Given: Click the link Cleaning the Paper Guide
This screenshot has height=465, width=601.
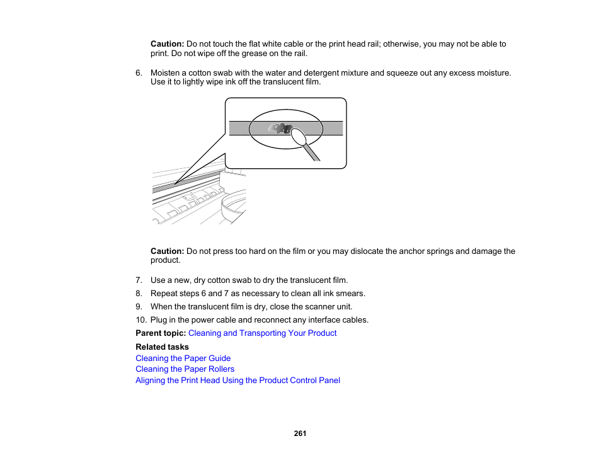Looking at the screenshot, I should (183, 358).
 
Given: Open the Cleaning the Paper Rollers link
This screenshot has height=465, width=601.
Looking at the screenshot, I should (185, 369).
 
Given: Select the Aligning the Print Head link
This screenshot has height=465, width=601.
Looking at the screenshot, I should (238, 381).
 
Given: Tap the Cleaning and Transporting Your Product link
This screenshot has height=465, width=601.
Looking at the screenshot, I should (262, 333).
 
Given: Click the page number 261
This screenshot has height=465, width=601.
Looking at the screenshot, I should (300, 433).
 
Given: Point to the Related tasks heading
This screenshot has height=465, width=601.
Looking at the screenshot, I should (162, 347).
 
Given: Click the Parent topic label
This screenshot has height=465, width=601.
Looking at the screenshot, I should (161, 333).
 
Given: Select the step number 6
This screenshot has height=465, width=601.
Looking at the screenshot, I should (139, 73).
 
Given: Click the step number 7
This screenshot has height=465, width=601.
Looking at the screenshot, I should (139, 280).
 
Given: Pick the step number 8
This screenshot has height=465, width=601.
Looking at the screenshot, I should (139, 294).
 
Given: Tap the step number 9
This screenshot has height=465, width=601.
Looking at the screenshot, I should (139, 307).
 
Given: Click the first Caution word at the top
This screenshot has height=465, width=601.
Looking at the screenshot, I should (167, 44).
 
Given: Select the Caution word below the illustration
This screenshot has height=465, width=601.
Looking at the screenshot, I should (167, 251).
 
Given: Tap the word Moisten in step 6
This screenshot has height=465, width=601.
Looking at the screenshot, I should (166, 73).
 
